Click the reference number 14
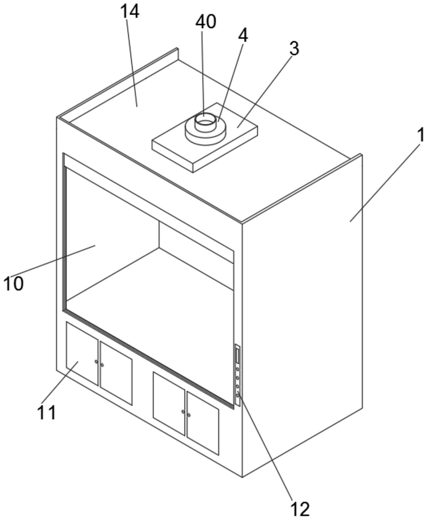(x=130, y=13)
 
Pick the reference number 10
(x=13, y=284)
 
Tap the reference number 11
(x=47, y=413)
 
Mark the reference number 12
(x=300, y=509)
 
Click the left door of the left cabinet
(x=82, y=354)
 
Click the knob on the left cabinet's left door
(x=96, y=362)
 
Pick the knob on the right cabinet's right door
(x=189, y=415)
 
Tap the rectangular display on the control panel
(x=237, y=356)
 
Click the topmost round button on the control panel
(x=237, y=369)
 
